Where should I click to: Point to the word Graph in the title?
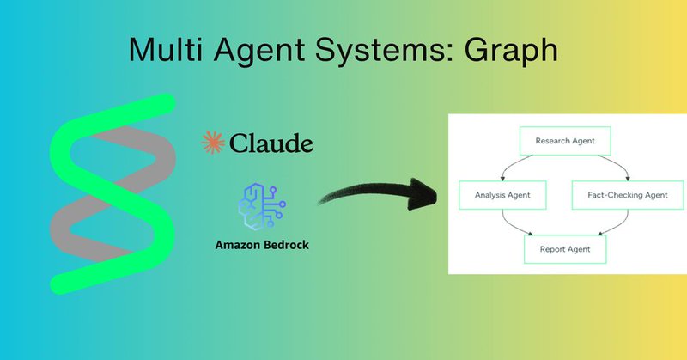[x=510, y=50]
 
